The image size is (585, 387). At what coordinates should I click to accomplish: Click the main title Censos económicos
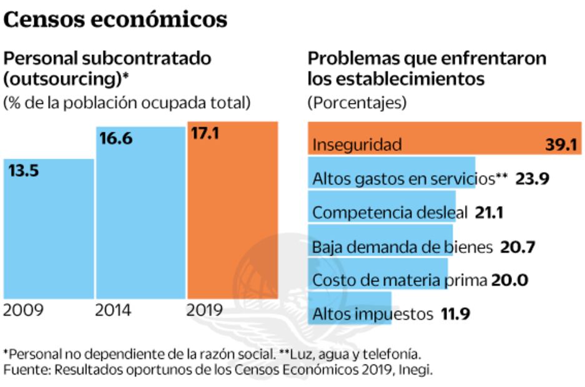(116, 19)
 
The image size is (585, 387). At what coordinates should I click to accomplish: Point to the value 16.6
(116, 139)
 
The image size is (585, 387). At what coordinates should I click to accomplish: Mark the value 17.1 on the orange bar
(204, 134)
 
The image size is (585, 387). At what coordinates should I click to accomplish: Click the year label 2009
(24, 310)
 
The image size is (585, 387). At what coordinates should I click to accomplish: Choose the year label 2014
(113, 310)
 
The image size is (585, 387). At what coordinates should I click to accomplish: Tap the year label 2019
(205, 310)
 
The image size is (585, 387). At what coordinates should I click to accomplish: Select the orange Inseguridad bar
(445, 139)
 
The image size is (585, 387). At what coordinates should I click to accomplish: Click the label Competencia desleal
(389, 213)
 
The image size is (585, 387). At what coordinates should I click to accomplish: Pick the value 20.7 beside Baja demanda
(518, 247)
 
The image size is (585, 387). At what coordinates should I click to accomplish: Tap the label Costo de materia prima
(399, 280)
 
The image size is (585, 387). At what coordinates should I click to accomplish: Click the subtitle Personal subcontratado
(107, 59)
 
